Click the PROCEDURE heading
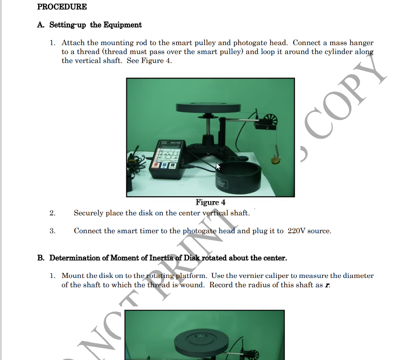[x=62, y=7]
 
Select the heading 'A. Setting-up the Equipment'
[x=89, y=25]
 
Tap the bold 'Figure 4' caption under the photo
[x=210, y=202]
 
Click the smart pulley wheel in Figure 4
[x=268, y=121]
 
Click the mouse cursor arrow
[x=218, y=166]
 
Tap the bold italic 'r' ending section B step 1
[x=328, y=285]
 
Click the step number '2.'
[x=52, y=213]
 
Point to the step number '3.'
[x=52, y=231]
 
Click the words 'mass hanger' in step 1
[x=351, y=43]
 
